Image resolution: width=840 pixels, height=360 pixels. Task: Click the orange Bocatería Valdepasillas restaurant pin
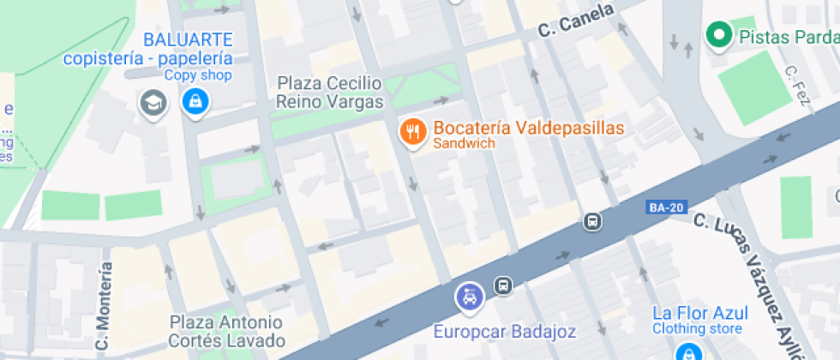(x=414, y=132)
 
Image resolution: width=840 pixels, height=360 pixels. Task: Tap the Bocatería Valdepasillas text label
(x=529, y=129)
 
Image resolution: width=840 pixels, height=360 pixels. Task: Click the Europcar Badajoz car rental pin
(x=469, y=297)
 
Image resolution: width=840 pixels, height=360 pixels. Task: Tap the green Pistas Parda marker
(x=717, y=35)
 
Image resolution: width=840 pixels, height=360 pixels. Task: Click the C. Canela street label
(x=576, y=21)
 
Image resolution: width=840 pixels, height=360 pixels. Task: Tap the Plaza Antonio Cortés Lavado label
(x=226, y=331)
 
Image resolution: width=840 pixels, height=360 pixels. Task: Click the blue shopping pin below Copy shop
(x=196, y=104)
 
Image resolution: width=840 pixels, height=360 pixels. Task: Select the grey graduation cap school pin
(x=153, y=103)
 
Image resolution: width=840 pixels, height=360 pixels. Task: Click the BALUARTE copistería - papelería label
(x=147, y=49)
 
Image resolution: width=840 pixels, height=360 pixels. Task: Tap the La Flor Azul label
(x=700, y=313)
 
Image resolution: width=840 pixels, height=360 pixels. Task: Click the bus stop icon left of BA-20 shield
(x=591, y=221)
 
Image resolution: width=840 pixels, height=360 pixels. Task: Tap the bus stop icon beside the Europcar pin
(x=503, y=285)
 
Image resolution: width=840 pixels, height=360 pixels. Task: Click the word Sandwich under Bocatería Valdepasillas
(x=465, y=144)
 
